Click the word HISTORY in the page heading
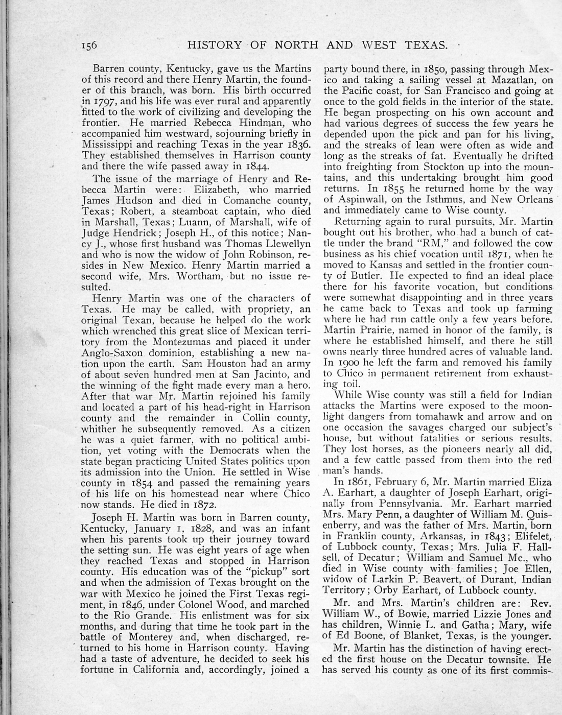click(215, 45)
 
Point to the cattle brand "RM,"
click(414, 243)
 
